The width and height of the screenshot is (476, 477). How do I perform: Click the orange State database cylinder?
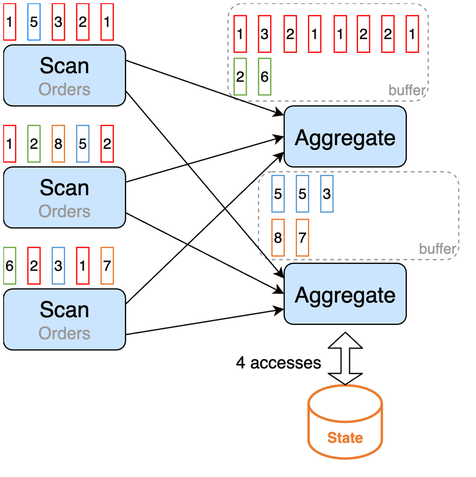click(x=345, y=430)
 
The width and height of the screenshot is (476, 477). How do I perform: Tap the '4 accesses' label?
click(x=279, y=363)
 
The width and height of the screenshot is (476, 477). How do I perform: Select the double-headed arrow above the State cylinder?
click(x=345, y=359)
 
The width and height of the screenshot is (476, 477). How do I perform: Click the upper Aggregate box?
click(x=345, y=137)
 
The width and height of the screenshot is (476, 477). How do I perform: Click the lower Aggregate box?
click(x=345, y=295)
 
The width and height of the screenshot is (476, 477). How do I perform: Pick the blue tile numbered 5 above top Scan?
click(x=34, y=22)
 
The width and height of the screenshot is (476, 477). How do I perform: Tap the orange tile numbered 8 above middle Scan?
click(x=58, y=144)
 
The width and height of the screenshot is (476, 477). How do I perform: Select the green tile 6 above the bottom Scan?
click(x=10, y=266)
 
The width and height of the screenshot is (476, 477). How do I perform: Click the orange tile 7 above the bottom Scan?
click(x=107, y=266)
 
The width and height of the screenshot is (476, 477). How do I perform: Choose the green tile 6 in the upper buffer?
click(x=264, y=77)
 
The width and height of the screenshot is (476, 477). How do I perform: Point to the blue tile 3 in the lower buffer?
click(x=326, y=194)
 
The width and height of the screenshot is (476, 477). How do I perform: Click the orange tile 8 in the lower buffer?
click(x=278, y=237)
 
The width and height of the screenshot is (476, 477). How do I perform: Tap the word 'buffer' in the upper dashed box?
click(x=406, y=91)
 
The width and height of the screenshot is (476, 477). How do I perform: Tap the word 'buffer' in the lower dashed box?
click(x=437, y=249)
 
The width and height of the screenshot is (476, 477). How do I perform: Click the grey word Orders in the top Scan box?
click(x=65, y=90)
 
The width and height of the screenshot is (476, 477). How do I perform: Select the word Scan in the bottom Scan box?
click(x=65, y=310)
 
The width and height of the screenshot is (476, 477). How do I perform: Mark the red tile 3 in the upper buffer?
click(x=264, y=34)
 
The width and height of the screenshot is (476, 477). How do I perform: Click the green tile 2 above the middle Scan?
click(x=34, y=144)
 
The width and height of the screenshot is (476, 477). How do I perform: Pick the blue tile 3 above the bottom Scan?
click(x=58, y=266)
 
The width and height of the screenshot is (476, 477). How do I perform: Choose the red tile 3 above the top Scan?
click(x=58, y=22)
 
